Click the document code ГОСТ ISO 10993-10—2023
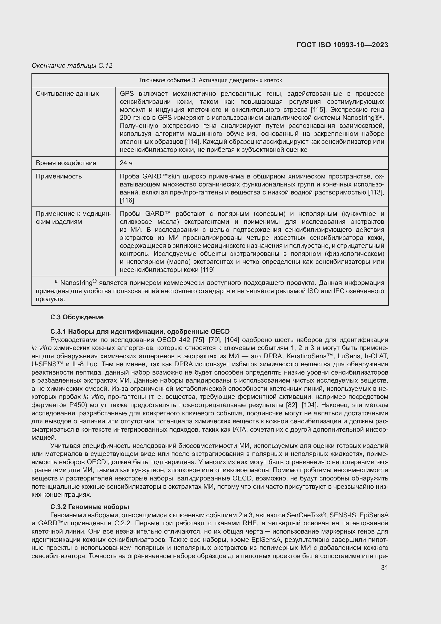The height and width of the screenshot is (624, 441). (x=342, y=45)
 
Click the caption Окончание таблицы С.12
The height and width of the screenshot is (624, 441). (x=72, y=66)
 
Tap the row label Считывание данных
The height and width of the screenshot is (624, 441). (x=67, y=94)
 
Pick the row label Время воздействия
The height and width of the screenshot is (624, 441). (x=66, y=163)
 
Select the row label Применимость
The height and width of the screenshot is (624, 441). (x=59, y=176)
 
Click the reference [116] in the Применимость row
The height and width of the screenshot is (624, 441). (x=127, y=200)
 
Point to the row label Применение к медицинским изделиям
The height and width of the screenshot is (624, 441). (x=73, y=218)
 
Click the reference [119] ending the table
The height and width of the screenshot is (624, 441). (x=207, y=270)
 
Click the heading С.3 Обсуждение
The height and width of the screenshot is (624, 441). (x=77, y=317)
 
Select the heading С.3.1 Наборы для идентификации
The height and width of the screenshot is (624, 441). (x=140, y=332)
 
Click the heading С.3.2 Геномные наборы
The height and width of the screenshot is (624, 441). (x=90, y=507)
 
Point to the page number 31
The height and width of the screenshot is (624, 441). (x=384, y=568)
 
